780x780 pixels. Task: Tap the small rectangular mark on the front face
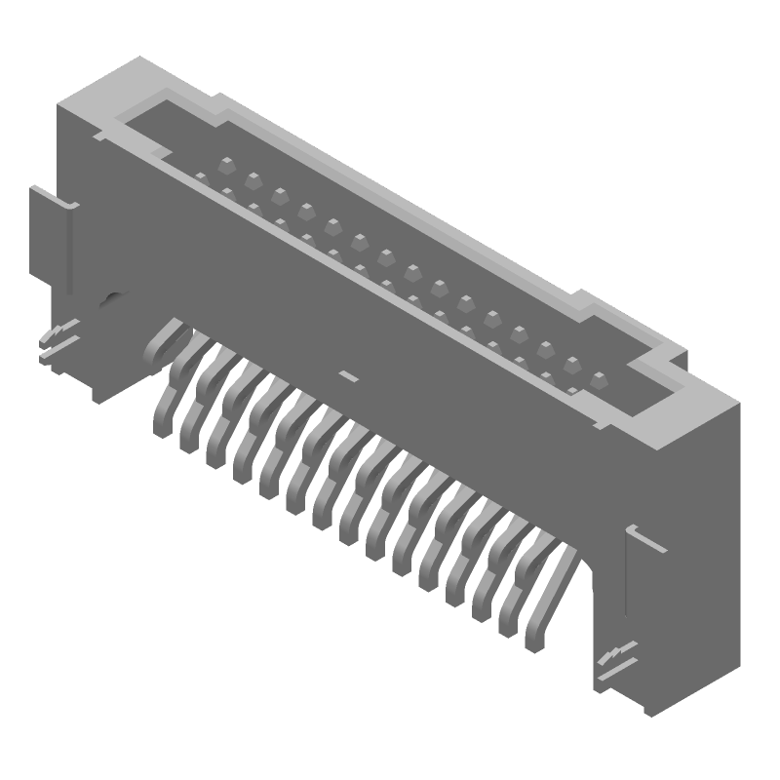[346, 374]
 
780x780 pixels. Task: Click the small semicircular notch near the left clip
[113, 296]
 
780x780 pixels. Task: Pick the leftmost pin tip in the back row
[226, 163]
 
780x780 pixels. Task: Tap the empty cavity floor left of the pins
[175, 146]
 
